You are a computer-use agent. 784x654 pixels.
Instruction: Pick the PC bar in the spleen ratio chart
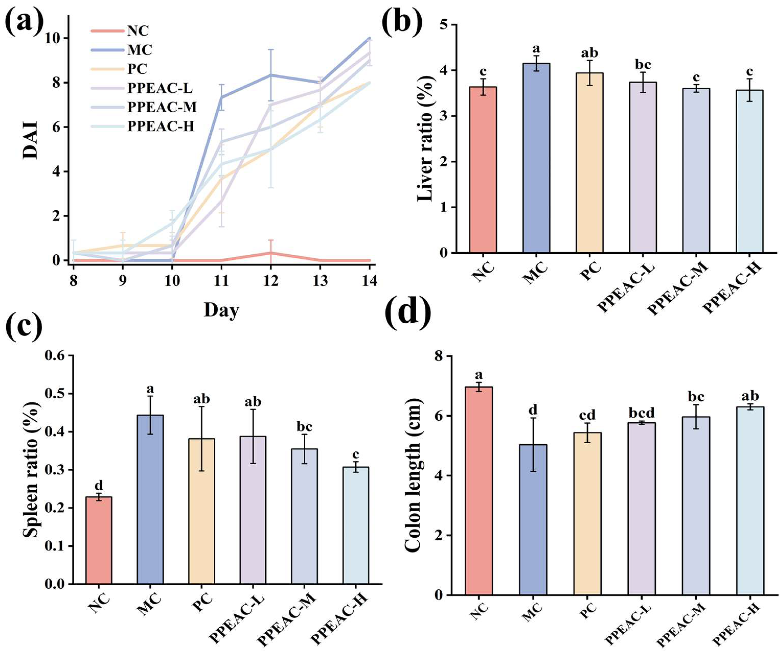pyautogui.click(x=202, y=511)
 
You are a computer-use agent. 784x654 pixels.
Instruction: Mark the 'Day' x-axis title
pyautogui.click(x=221, y=310)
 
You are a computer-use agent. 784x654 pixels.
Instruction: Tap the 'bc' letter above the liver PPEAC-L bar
pyautogui.click(x=643, y=65)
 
